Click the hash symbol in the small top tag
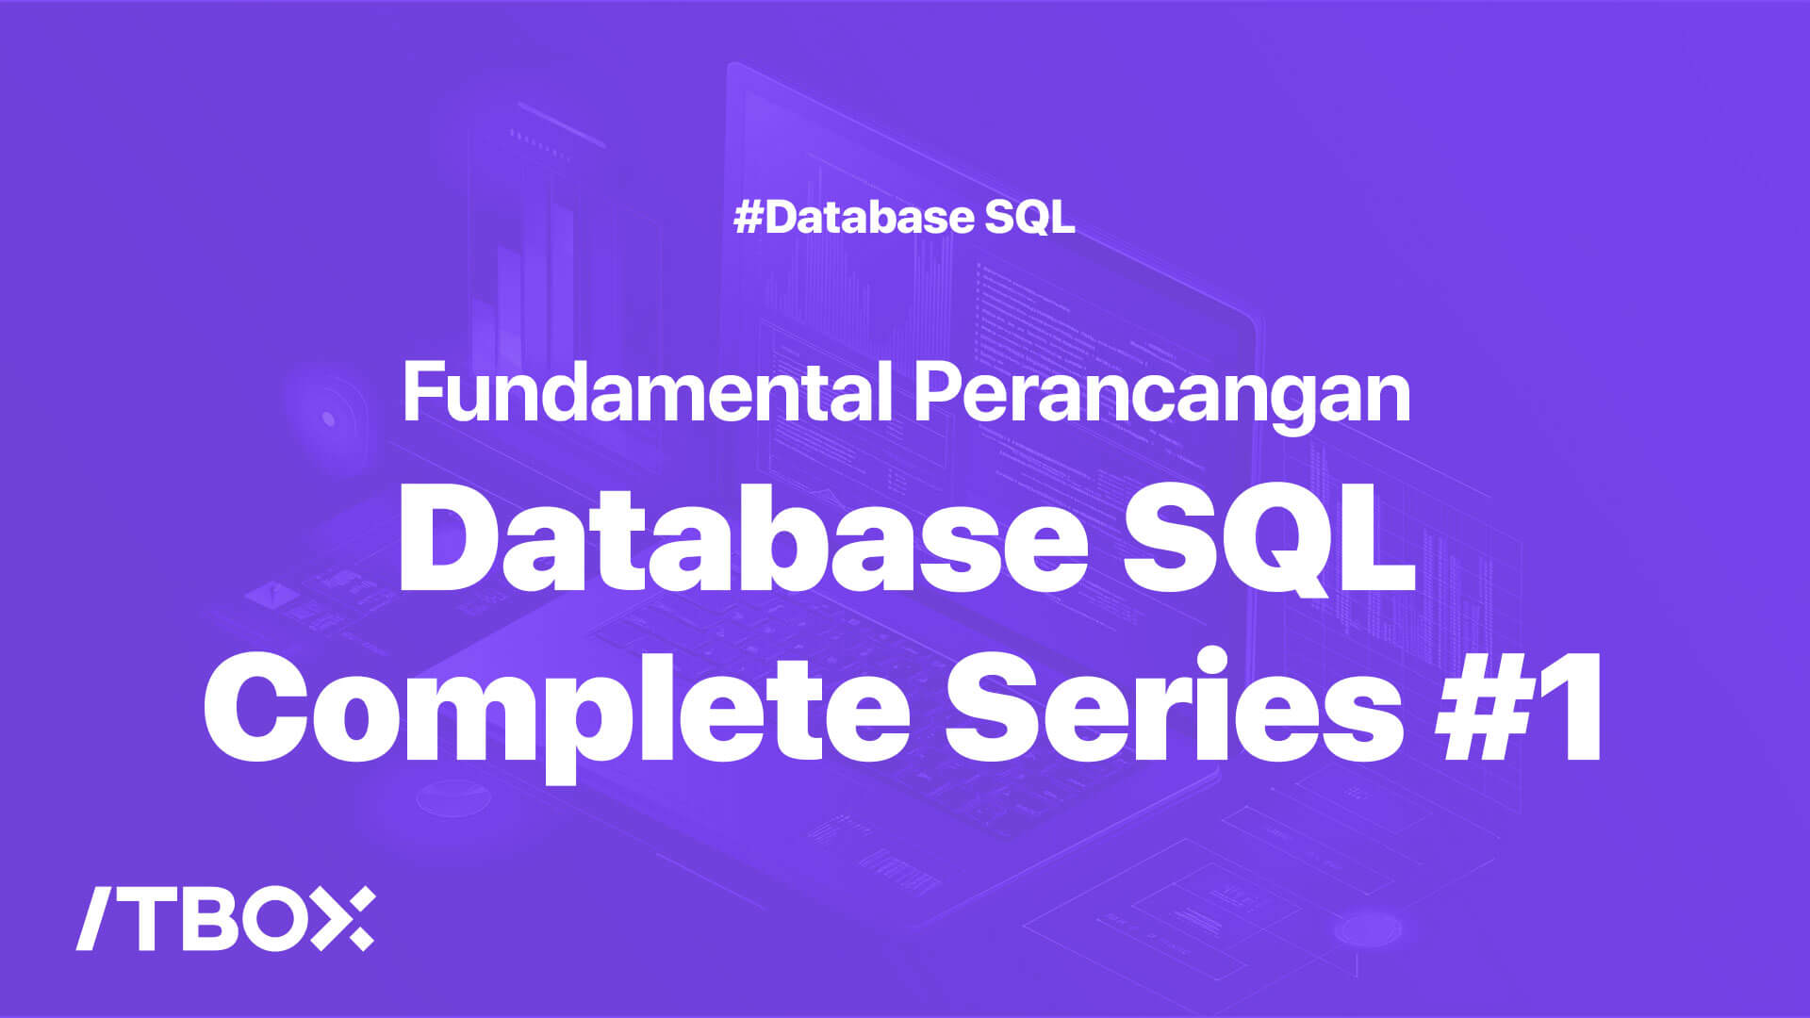click(x=749, y=218)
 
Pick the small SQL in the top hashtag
click(x=1030, y=218)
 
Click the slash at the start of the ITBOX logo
click(x=94, y=918)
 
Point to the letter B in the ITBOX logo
click(x=208, y=918)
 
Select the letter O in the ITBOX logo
click(x=279, y=918)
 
